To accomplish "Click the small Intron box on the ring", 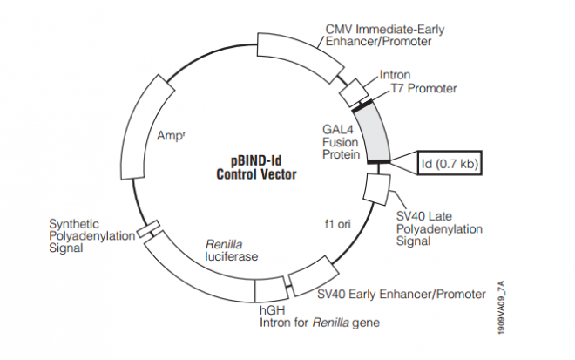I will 354,89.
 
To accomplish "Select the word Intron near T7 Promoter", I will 395,75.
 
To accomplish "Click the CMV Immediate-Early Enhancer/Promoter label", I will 383,36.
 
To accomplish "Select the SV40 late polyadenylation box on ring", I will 375,188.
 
